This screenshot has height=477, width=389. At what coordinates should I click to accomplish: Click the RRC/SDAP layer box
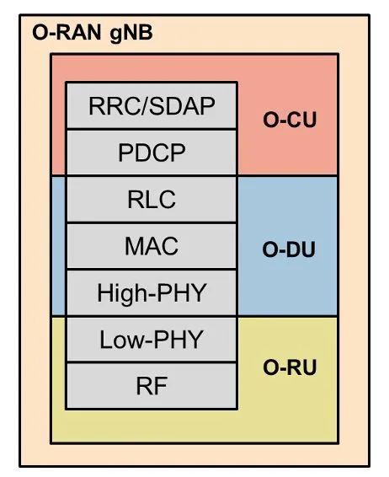click(x=152, y=106)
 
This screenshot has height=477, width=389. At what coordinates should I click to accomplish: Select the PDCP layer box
click(x=152, y=153)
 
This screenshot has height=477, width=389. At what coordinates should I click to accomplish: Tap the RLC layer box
click(x=152, y=200)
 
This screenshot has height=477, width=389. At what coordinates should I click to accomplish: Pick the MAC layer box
click(x=152, y=247)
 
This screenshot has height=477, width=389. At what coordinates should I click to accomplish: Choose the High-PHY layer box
click(x=152, y=293)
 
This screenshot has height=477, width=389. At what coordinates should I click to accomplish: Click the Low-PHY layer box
click(x=152, y=340)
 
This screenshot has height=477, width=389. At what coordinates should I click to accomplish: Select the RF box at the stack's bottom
click(x=152, y=386)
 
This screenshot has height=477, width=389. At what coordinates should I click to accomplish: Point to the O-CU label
click(x=290, y=120)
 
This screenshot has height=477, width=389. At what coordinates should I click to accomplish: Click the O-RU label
click(x=290, y=368)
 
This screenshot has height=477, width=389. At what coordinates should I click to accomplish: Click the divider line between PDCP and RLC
click(x=152, y=176)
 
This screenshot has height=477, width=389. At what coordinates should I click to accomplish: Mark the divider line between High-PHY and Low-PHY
click(x=152, y=317)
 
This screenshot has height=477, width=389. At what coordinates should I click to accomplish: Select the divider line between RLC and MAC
click(x=152, y=223)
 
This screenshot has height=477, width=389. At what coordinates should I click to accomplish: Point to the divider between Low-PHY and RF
click(x=152, y=363)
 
